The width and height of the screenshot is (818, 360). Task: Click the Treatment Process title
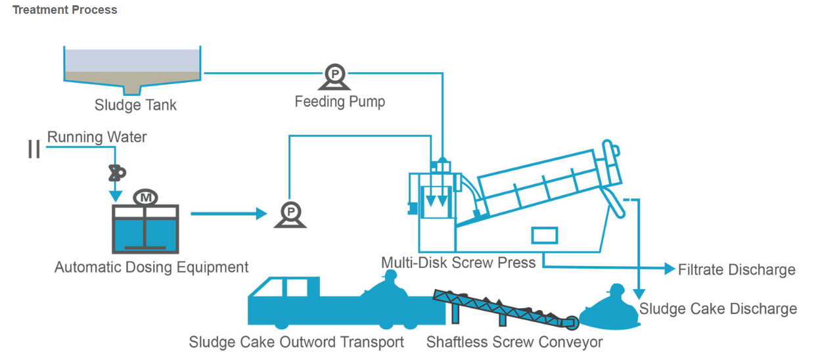(64, 10)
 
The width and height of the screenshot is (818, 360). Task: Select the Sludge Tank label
(135, 105)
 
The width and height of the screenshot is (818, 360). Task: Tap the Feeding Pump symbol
(334, 77)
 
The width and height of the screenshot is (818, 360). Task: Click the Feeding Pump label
(340, 102)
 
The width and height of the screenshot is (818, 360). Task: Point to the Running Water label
(97, 137)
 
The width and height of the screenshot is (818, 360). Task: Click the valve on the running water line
(117, 173)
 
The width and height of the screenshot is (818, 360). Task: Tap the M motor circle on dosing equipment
(145, 198)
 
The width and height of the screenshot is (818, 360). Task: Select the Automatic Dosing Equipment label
(151, 267)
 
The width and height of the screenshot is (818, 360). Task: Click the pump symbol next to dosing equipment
(290, 215)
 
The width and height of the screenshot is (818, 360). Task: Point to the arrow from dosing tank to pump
(229, 214)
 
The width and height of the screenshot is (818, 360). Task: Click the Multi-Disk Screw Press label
(459, 263)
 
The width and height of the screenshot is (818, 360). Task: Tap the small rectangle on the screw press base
(545, 235)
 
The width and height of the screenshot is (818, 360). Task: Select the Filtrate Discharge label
(737, 270)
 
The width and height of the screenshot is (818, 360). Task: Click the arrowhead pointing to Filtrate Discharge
(670, 269)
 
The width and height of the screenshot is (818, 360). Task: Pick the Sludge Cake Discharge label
(718, 309)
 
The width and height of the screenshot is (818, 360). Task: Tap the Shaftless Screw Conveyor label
(514, 342)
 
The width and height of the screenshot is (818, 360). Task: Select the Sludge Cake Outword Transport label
(296, 342)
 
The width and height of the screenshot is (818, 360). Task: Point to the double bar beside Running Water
(34, 149)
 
